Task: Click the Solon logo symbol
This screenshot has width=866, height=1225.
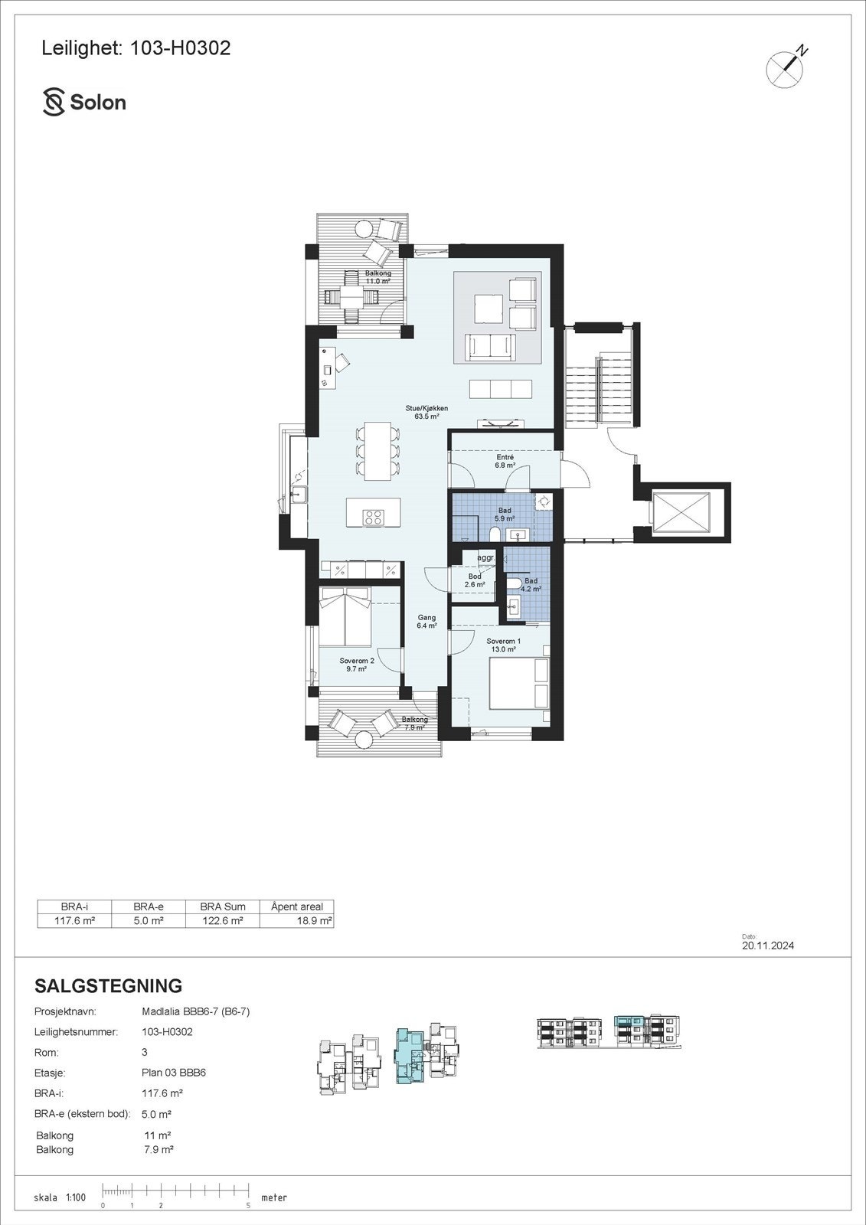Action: pos(54,102)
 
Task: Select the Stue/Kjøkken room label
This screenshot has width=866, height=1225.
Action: pos(426,413)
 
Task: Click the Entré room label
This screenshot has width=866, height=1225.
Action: pos(505,461)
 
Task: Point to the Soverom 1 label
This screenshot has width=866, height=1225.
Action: pos(504,645)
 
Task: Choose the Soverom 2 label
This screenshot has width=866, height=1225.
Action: pos(357,664)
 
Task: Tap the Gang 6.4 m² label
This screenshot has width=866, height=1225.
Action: pos(426,621)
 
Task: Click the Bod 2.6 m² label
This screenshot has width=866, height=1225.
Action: pos(475,580)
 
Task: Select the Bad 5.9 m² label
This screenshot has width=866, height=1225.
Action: pos(505,514)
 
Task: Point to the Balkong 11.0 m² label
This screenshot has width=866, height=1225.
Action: pos(377,277)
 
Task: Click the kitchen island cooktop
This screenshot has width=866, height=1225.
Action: pos(373,517)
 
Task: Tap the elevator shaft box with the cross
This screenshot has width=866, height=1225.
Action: pos(681,511)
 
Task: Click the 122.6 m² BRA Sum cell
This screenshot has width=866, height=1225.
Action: pos(223,920)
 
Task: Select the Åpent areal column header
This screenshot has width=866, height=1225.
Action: pos(296,906)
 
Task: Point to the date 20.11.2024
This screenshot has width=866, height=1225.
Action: pos(767,946)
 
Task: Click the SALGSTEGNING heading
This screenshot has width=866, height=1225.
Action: pos(109,985)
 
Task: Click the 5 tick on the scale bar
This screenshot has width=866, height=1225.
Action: pos(249,1205)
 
